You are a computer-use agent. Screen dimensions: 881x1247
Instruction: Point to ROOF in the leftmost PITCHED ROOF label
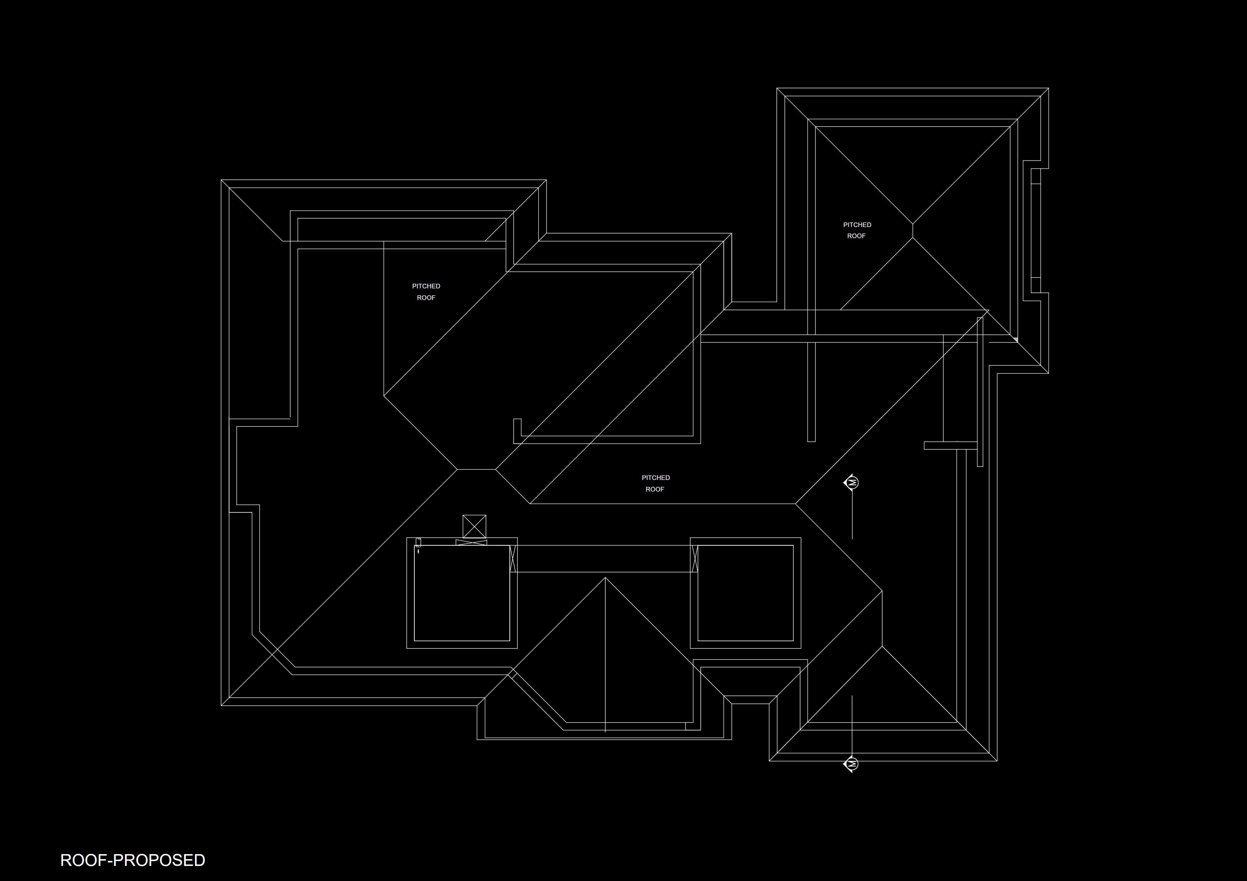(x=426, y=298)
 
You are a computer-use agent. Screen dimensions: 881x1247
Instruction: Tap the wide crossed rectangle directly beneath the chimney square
(x=471, y=542)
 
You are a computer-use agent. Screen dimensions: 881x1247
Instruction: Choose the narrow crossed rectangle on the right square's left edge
(x=694, y=558)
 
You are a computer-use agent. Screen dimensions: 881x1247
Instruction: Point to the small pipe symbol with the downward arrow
(x=418, y=545)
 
